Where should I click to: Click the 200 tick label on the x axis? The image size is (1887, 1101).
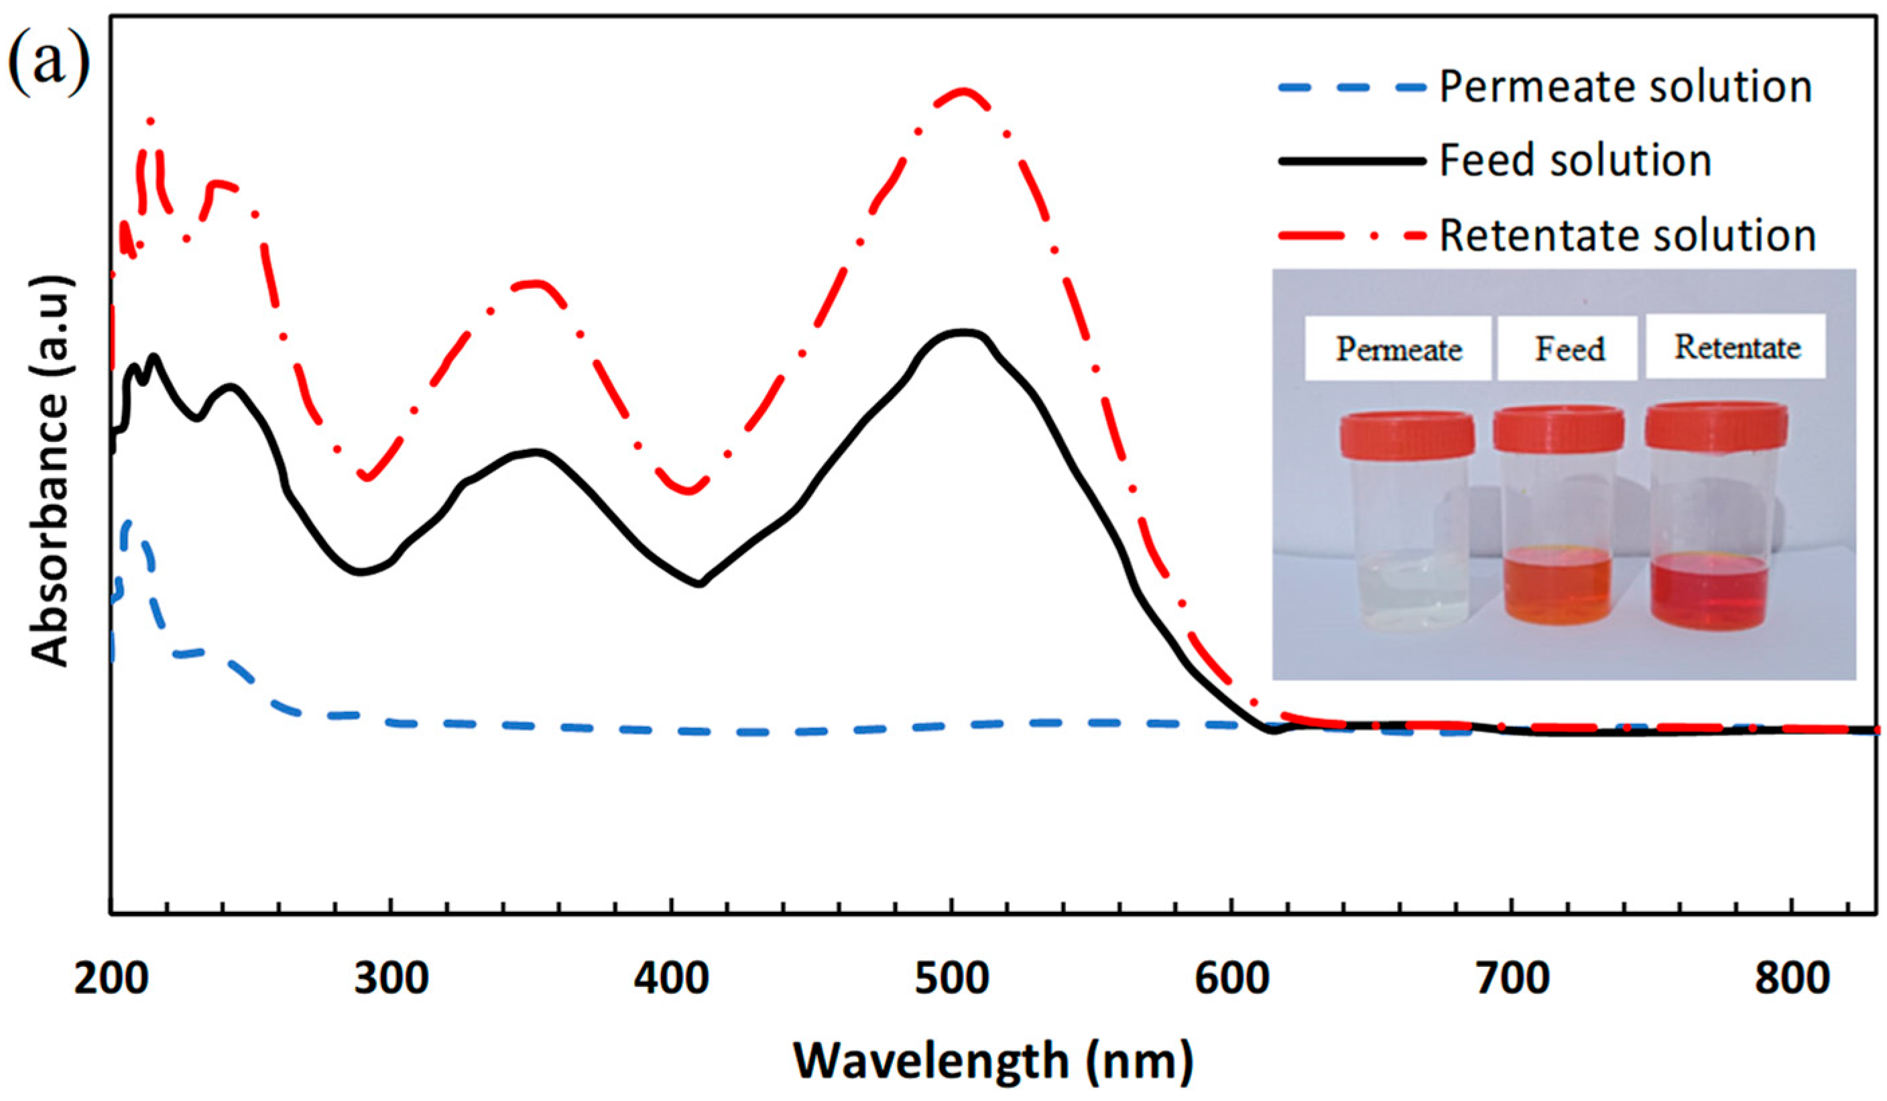(111, 980)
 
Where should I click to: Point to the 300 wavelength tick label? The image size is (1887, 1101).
(391, 980)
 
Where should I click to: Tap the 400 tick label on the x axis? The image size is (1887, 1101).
(671, 980)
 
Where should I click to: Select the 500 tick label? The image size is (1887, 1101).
(952, 980)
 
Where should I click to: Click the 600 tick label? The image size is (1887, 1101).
(1232, 980)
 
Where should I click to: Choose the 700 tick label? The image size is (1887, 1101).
(1512, 980)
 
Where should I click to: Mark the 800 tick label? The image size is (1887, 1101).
(1792, 980)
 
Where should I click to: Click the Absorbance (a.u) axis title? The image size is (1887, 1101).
(51, 470)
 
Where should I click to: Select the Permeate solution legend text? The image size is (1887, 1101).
(1625, 87)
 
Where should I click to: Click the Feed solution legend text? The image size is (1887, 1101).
(1575, 161)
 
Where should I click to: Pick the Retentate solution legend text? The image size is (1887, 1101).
(1628, 235)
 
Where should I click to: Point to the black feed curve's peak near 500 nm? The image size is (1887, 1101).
(962, 333)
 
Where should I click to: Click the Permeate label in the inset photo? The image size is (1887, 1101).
(1399, 349)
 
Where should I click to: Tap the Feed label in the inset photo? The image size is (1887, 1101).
(1569, 349)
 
